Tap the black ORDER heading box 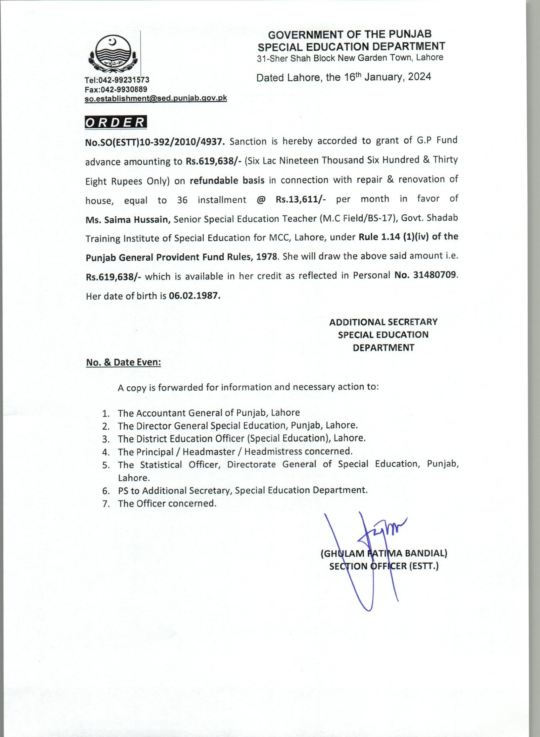116,122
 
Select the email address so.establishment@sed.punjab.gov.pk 156,98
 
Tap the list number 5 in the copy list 105,465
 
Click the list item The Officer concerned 167,503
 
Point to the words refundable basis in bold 227,180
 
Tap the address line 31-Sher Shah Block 350,58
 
